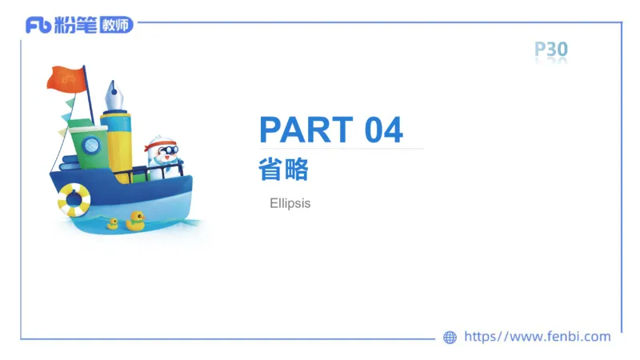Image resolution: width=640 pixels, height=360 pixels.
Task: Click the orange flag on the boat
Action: point(66,78)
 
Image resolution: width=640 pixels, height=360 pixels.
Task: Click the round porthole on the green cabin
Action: point(92,145)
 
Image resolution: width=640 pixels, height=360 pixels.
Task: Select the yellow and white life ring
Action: point(74,199)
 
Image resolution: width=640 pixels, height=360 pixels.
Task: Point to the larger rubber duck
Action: point(134,221)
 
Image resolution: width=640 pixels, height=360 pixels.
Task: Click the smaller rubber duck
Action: point(113,224)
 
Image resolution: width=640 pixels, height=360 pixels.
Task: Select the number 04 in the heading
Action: point(383,130)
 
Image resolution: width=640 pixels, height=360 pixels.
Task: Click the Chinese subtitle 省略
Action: point(283,170)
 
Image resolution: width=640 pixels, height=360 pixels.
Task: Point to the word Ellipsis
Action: point(290,204)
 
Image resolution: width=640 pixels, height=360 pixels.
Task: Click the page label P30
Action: point(551,50)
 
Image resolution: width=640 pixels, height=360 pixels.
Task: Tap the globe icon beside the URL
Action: point(450,338)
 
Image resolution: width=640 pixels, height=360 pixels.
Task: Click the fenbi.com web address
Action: point(537,337)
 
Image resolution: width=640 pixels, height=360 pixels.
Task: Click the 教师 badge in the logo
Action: point(115,25)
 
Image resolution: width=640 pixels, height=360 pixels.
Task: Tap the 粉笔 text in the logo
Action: point(75,25)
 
